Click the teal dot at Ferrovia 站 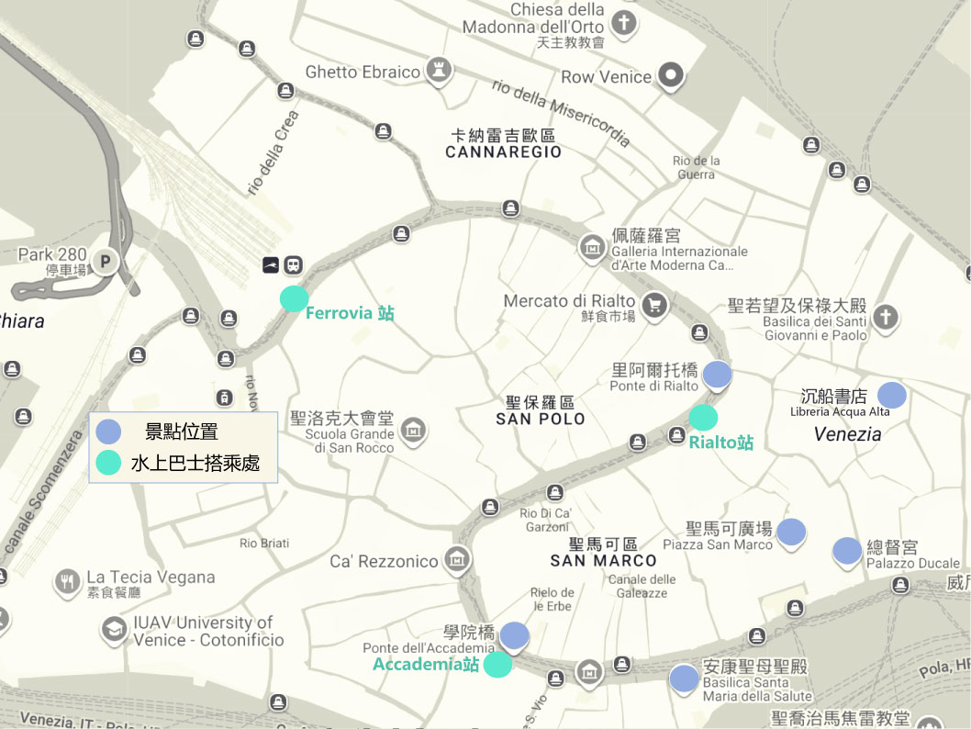pos(294,298)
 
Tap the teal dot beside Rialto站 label pos(703,418)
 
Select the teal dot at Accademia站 pos(497,665)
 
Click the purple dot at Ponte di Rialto pos(717,374)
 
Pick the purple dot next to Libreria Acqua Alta pos(892,395)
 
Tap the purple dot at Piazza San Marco pos(791,531)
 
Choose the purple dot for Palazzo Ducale pos(847,551)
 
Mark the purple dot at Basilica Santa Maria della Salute pos(683,678)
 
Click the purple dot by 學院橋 pos(514,634)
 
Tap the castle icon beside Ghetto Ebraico pos(441,72)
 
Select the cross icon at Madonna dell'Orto pos(624,23)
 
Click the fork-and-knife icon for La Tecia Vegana pos(66,580)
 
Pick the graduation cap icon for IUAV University pos(114,630)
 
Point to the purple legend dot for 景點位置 pos(109,432)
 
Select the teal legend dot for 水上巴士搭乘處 pos(109,463)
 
